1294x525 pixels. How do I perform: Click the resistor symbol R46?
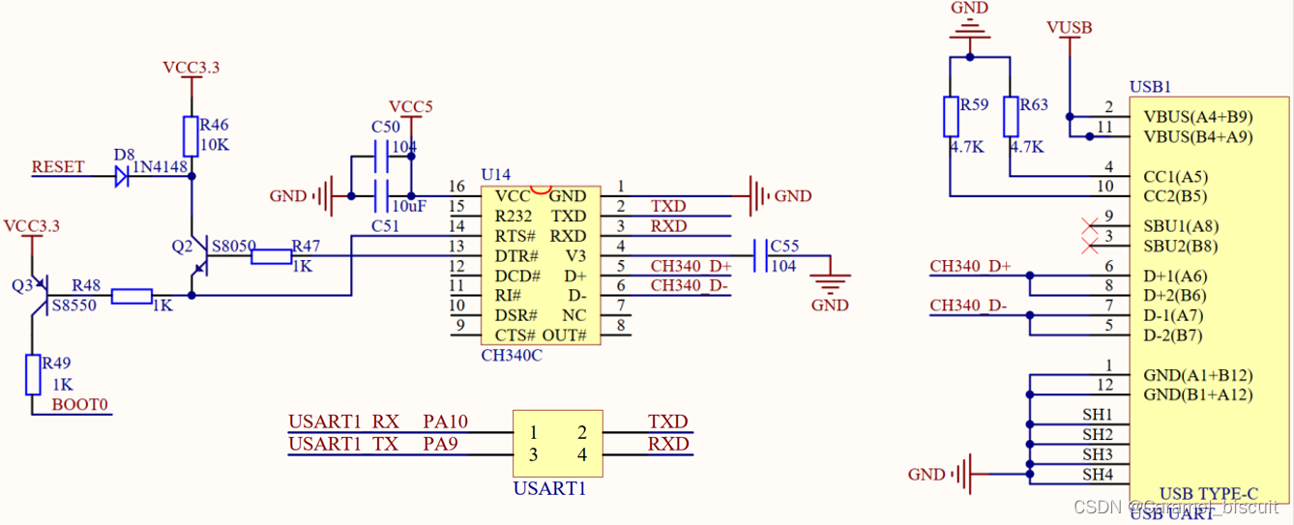[x=191, y=135]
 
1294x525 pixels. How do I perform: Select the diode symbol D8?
[x=122, y=176]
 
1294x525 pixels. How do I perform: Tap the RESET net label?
[x=58, y=166]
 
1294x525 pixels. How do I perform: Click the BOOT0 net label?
[x=80, y=404]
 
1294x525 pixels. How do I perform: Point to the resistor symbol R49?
[x=33, y=374]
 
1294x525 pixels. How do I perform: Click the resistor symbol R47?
[x=272, y=256]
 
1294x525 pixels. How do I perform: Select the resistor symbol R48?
[x=132, y=296]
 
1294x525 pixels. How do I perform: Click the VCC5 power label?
[x=411, y=106]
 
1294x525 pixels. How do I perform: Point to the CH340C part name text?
[x=512, y=355]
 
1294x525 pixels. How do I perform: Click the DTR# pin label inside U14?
[x=515, y=256]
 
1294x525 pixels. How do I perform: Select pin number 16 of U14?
[x=456, y=186]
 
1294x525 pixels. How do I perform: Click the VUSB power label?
[x=1069, y=28]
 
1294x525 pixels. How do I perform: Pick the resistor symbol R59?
[x=951, y=116]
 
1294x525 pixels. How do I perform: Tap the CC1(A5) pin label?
[x=1174, y=177]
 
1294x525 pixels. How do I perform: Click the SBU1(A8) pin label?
[x=1180, y=226]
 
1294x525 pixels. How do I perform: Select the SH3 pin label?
[x=1097, y=453]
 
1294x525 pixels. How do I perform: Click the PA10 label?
[x=445, y=422]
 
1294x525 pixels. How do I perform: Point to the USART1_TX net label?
[x=344, y=444]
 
